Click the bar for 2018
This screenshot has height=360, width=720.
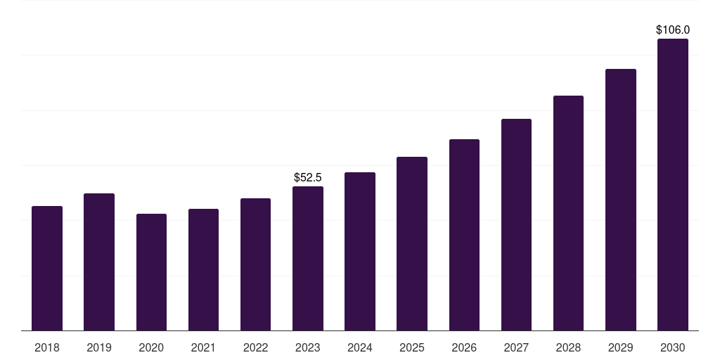tap(47, 268)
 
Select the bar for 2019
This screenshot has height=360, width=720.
tap(99, 262)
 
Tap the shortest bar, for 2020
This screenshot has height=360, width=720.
tap(151, 272)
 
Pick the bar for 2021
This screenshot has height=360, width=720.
tap(203, 269)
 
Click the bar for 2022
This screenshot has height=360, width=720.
tap(255, 264)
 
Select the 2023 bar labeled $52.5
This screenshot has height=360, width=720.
tap(308, 258)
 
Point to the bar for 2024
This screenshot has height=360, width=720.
tap(360, 251)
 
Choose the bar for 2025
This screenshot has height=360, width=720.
tap(412, 243)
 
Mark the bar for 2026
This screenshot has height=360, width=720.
tap(464, 235)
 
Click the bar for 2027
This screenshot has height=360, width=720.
tap(516, 224)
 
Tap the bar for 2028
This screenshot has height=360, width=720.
tap(568, 213)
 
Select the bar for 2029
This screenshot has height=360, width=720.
tap(620, 200)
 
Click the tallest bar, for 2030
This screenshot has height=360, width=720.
tap(673, 184)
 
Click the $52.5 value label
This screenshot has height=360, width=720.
tap(308, 177)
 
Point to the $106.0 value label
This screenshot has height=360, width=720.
tap(673, 30)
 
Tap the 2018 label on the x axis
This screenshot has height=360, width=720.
tap(47, 347)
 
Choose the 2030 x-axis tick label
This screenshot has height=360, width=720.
tap(673, 347)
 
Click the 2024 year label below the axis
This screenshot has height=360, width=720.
tap(360, 347)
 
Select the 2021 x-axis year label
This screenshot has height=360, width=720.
tap(203, 347)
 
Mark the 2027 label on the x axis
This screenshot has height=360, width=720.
tap(516, 347)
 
